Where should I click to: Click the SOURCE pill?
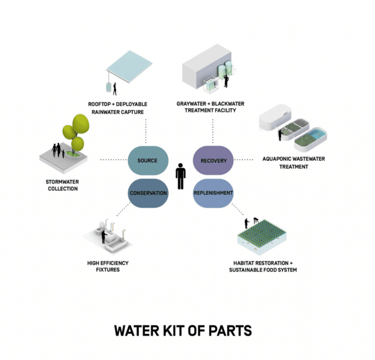coord(148,160)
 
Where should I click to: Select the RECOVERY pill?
coord(213,160)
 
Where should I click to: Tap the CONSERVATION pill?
coord(148,193)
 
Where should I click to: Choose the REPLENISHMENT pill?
coord(213,193)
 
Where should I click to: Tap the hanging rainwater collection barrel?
coord(109,87)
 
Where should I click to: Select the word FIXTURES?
coord(107,270)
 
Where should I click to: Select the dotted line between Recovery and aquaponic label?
coord(244,160)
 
